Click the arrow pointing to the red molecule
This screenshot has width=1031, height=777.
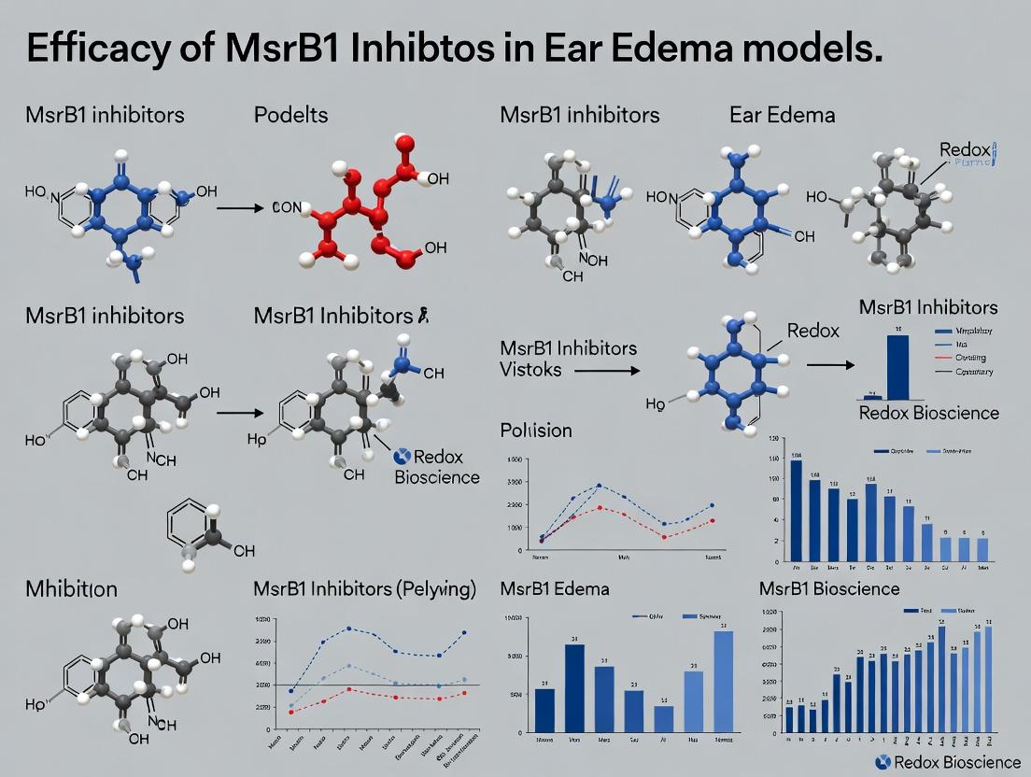pos(240,206)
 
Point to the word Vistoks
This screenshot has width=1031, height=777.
pos(530,369)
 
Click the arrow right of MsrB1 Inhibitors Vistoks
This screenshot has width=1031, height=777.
pos(606,371)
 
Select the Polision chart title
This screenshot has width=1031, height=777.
pos(536,431)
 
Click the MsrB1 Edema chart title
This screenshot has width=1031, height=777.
pos(555,589)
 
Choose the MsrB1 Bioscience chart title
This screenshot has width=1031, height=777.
pos(829,588)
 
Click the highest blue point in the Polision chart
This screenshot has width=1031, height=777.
pos(599,486)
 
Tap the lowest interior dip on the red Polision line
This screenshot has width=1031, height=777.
pos(664,537)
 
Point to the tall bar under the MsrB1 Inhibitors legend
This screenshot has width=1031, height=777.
pos(897,367)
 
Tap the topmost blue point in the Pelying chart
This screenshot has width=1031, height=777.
pos(348,629)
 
